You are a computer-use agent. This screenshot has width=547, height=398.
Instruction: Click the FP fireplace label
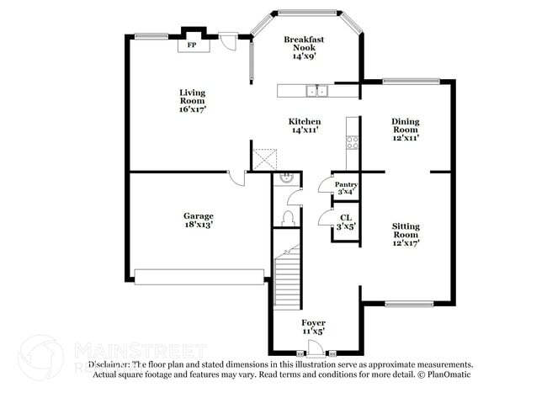click(192, 45)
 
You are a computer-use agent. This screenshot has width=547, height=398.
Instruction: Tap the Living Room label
click(192, 100)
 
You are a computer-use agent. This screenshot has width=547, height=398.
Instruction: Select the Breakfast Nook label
click(304, 47)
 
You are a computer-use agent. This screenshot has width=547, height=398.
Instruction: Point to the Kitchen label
click(305, 125)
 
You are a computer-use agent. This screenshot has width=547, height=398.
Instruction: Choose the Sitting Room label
click(406, 234)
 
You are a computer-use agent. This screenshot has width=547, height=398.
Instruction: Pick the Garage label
click(199, 220)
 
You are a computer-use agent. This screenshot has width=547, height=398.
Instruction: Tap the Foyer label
click(314, 327)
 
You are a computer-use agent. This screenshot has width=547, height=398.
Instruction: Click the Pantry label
click(346, 188)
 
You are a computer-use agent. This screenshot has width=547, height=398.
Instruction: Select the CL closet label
click(346, 221)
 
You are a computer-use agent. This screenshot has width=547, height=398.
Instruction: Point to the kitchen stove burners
click(353, 142)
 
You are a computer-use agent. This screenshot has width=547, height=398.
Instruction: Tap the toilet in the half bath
click(287, 218)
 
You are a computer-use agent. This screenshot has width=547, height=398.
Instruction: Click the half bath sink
click(287, 178)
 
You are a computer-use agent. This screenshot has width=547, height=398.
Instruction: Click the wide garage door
click(199, 275)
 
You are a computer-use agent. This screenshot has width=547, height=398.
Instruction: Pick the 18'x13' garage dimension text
click(199, 226)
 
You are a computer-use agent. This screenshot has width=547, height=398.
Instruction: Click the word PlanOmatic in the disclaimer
click(452, 374)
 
